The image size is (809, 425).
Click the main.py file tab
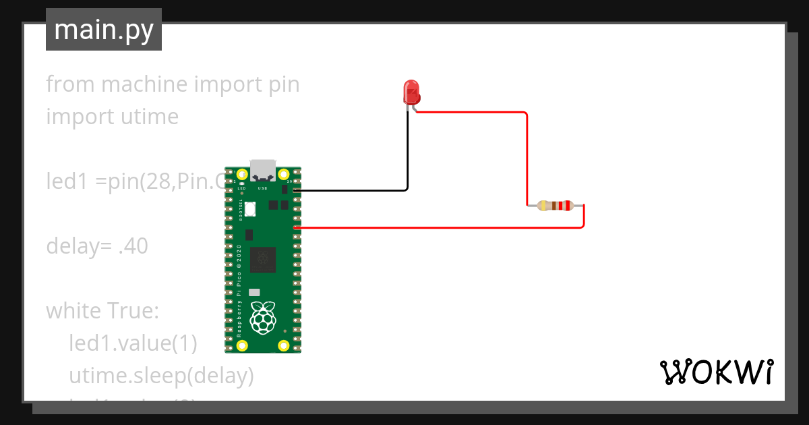point(103,30)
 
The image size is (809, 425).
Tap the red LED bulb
point(411,90)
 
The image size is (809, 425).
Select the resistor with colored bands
point(555,206)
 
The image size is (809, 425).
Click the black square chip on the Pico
point(262,260)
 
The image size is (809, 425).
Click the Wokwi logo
point(715,371)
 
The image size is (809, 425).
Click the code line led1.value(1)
point(133,343)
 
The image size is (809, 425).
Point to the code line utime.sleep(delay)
point(161,375)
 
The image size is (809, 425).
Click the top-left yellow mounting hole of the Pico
point(242,173)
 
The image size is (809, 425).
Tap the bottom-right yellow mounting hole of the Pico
point(284,347)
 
